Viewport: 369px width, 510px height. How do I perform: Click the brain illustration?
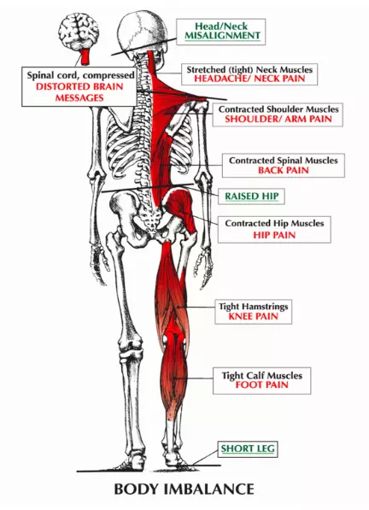(x=79, y=32)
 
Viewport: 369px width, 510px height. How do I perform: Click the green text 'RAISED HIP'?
(x=252, y=196)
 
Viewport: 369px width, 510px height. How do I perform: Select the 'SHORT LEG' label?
(x=248, y=448)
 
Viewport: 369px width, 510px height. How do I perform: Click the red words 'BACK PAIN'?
(x=284, y=170)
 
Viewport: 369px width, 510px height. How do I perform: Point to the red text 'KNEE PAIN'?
(x=254, y=316)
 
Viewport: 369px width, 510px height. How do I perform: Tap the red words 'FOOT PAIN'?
(x=261, y=384)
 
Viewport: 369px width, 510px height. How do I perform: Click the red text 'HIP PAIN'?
(x=274, y=235)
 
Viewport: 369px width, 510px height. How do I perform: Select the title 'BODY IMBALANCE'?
(x=184, y=489)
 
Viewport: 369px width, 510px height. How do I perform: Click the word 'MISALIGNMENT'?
(x=223, y=36)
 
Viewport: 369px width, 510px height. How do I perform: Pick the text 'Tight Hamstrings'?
(x=254, y=307)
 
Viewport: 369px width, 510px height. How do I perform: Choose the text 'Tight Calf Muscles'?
(x=262, y=376)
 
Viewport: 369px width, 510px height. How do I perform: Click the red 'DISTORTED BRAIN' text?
(x=79, y=86)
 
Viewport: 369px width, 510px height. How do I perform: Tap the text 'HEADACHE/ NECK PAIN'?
(x=249, y=79)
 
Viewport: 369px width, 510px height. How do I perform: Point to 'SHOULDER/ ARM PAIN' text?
(x=278, y=119)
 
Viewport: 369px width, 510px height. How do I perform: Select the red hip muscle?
(x=180, y=208)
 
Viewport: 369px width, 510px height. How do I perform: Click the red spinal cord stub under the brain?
(x=85, y=57)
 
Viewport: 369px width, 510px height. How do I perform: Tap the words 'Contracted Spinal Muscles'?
(x=284, y=161)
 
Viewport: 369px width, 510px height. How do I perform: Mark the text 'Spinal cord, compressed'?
(x=80, y=75)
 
